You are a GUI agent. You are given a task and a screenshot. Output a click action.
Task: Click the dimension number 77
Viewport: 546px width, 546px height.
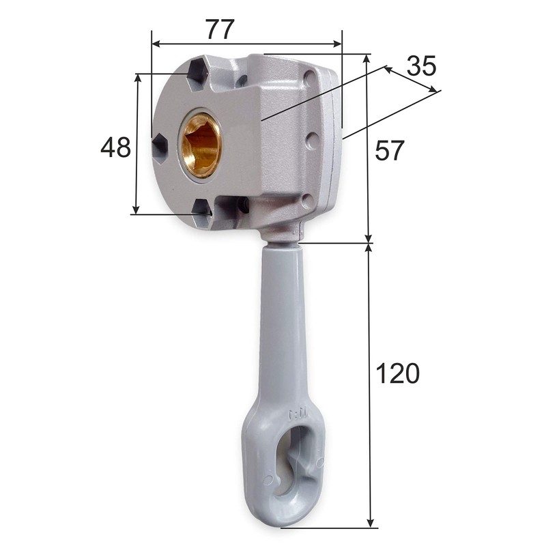[219, 29]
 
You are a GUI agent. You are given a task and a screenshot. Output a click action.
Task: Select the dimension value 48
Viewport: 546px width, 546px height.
[115, 147]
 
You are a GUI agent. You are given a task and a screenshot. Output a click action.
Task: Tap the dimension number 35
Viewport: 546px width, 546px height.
[420, 66]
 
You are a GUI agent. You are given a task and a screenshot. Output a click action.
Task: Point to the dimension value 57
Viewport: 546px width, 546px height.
[390, 151]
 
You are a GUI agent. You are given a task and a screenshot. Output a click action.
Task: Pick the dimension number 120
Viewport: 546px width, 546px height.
[398, 373]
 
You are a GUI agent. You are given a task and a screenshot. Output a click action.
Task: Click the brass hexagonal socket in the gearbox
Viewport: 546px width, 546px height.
[201, 145]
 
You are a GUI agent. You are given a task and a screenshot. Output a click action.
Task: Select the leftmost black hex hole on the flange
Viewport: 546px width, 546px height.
[160, 147]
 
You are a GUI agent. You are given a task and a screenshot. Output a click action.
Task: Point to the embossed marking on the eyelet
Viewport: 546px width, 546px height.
[298, 414]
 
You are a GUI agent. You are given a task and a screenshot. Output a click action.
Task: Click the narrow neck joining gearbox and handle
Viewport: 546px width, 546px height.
[281, 235]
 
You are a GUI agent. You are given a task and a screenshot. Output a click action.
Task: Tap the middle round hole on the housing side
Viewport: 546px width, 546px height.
[312, 141]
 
